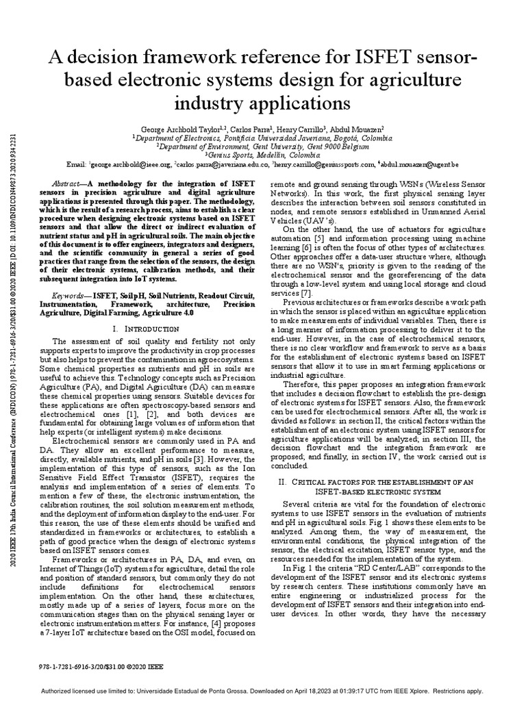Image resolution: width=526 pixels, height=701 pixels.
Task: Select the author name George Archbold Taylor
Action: pyautogui.click(x=180, y=129)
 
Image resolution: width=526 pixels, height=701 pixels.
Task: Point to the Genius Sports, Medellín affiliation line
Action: pyautogui.click(x=262, y=155)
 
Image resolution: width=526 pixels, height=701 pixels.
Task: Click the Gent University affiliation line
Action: pyautogui.click(x=262, y=146)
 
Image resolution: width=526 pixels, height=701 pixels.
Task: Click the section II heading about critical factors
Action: pyautogui.click(x=379, y=468)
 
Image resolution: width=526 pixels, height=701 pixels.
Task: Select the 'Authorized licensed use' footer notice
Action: pyautogui.click(x=263, y=691)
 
